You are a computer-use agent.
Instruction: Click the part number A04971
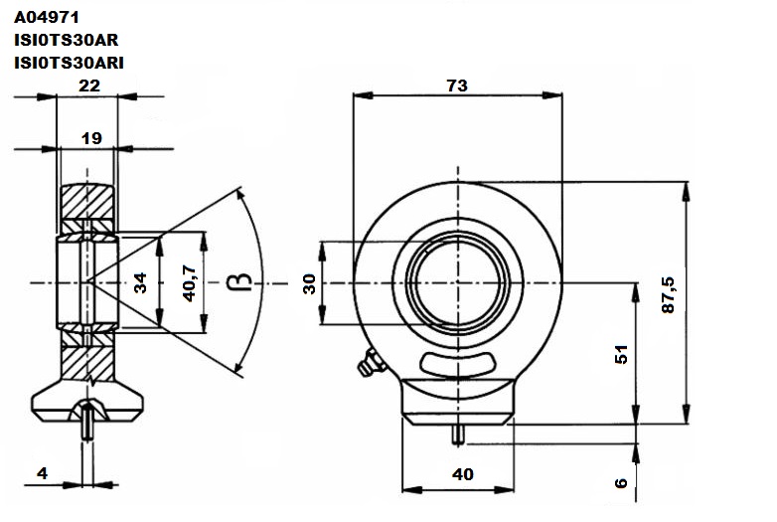click(x=47, y=17)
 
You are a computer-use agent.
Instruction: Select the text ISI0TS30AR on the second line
click(x=66, y=40)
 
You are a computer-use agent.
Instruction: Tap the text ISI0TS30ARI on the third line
click(x=69, y=63)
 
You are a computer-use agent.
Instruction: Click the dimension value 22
click(x=89, y=86)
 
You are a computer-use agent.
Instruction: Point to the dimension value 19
click(x=91, y=138)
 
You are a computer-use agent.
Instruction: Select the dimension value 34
click(x=141, y=282)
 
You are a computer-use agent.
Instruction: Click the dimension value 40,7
click(x=190, y=283)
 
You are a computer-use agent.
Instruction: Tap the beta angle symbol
click(x=239, y=281)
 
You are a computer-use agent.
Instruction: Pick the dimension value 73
click(x=457, y=86)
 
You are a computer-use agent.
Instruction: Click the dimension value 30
click(x=309, y=284)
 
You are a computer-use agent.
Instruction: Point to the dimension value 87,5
click(x=668, y=295)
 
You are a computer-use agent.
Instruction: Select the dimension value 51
click(x=621, y=354)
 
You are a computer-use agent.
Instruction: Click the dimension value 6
click(x=621, y=483)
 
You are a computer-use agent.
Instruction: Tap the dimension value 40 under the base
click(x=463, y=474)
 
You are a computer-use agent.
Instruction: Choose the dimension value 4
click(x=43, y=473)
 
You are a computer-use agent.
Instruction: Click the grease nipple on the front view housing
click(x=371, y=363)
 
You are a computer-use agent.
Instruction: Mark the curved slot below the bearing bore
click(x=458, y=364)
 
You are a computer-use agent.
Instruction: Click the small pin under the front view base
click(x=458, y=435)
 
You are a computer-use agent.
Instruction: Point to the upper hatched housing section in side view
click(x=87, y=201)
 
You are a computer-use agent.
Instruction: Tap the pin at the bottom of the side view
click(x=87, y=422)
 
